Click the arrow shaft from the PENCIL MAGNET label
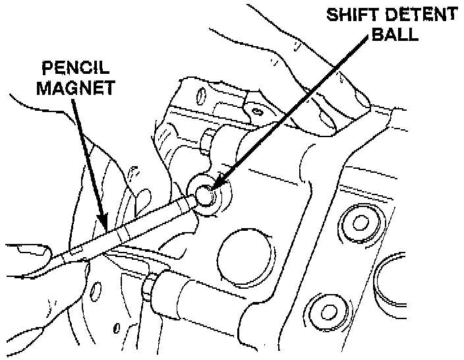click(x=88, y=158)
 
